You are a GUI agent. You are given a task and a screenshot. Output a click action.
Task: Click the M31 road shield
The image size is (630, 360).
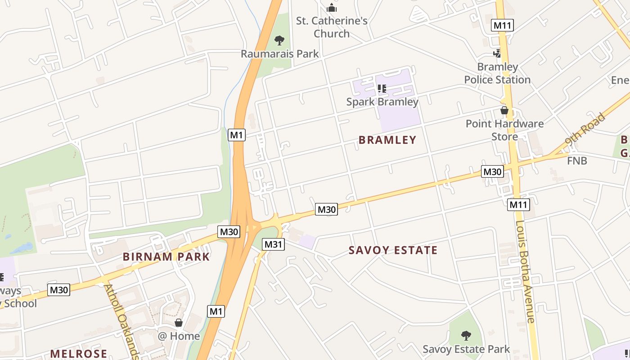point(274,244)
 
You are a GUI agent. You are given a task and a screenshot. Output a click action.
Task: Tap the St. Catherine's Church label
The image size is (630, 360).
point(332,27)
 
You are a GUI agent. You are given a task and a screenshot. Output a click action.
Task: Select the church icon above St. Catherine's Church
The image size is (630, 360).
point(332,8)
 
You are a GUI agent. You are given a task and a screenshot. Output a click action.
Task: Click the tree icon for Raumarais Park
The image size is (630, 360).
point(279,40)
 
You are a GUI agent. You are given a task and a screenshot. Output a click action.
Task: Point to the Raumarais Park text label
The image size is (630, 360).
point(279,54)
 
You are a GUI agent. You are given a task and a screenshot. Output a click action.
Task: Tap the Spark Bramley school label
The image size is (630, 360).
point(382,102)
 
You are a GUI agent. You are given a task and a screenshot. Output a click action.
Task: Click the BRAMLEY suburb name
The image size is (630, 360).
point(387,140)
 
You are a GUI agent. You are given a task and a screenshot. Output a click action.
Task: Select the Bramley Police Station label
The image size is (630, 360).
point(497,73)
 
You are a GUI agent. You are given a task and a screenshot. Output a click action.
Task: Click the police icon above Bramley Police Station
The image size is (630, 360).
point(497,54)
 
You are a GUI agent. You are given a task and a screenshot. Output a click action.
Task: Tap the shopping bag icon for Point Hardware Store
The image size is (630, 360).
point(504,110)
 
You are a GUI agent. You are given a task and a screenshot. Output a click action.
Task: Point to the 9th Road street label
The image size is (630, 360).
point(585,130)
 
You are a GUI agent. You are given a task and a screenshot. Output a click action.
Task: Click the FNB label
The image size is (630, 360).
point(577,161)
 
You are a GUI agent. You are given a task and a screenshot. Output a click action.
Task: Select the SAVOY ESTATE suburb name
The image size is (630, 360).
point(393,251)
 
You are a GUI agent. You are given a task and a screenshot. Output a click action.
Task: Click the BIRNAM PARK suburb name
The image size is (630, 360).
point(166,257)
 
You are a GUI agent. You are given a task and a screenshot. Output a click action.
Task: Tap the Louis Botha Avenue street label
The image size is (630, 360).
point(525,271)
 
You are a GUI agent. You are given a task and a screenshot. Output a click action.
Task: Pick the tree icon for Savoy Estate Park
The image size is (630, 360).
point(466,335)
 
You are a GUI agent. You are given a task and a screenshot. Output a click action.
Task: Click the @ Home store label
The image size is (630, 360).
point(179,336)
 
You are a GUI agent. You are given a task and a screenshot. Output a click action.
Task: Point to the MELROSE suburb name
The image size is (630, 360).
point(79,354)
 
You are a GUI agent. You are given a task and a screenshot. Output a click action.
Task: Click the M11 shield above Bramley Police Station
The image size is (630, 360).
point(503,25)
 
